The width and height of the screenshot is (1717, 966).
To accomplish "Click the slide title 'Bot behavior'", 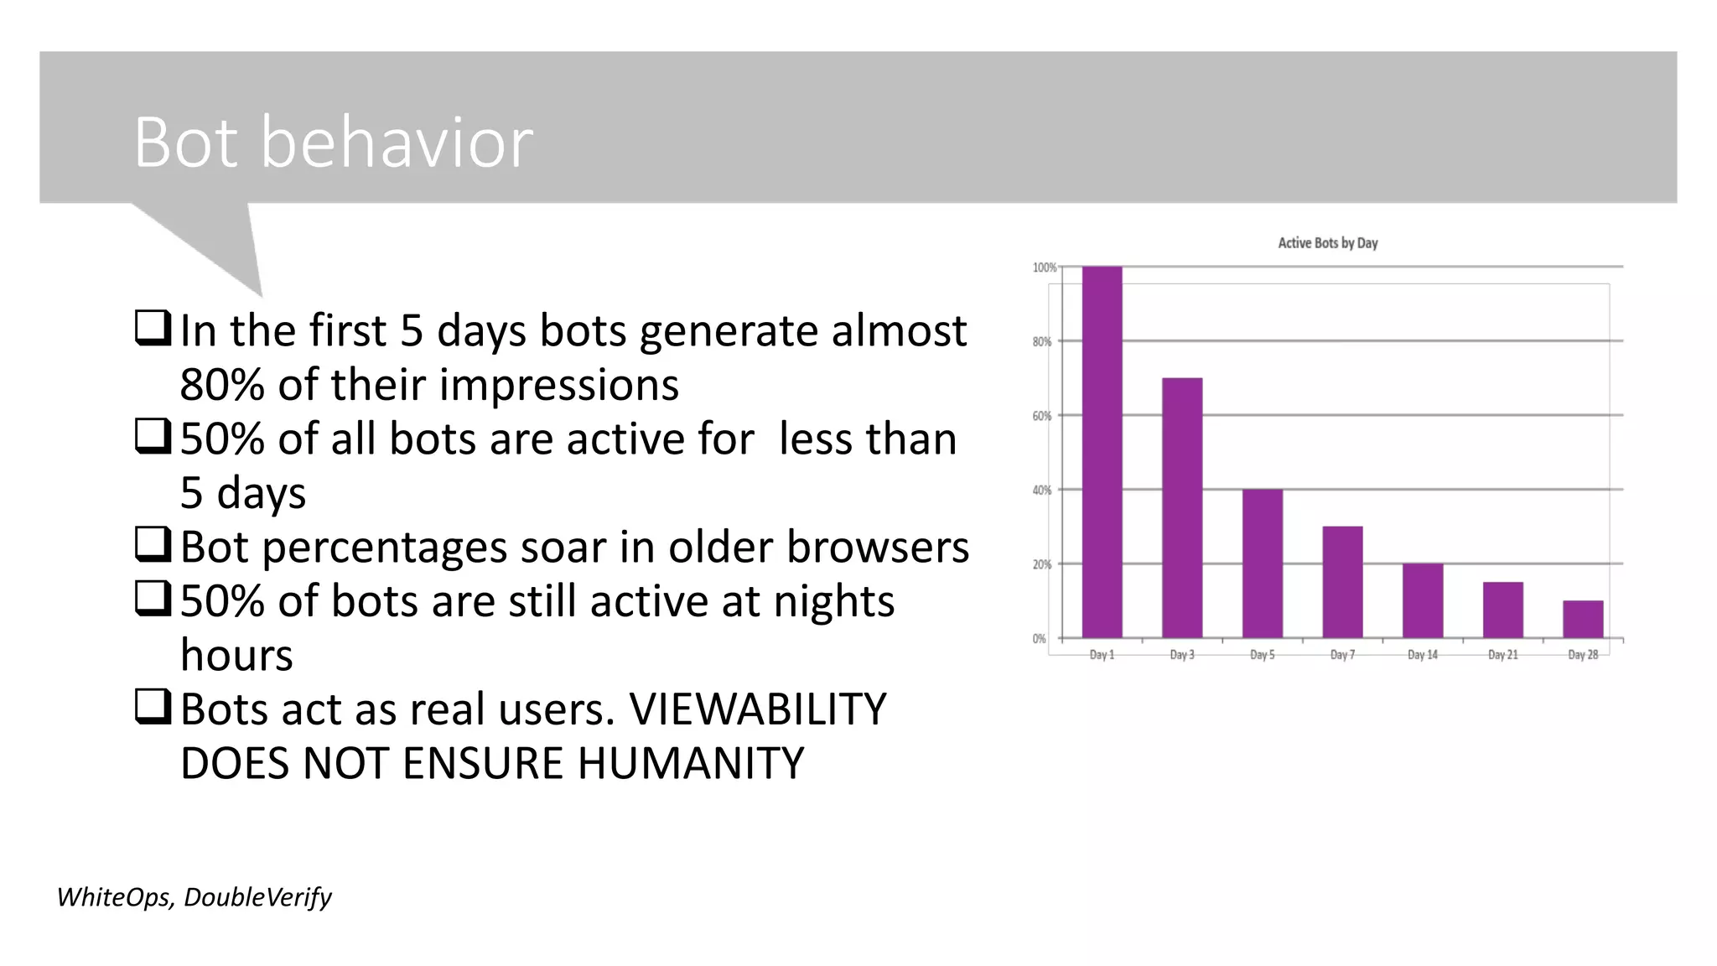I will click(x=333, y=143).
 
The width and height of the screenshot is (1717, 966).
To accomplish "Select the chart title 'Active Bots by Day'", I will click(x=1327, y=243).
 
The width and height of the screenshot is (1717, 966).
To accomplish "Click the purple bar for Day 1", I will click(x=1102, y=453).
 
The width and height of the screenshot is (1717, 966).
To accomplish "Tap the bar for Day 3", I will click(x=1182, y=508).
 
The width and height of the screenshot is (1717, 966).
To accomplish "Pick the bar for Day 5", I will click(x=1262, y=563).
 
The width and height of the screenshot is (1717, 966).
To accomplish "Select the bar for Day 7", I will click(x=1342, y=582).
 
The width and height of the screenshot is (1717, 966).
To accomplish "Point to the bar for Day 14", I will click(x=1423, y=600).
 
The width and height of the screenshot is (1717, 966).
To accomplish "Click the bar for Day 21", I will click(x=1502, y=610).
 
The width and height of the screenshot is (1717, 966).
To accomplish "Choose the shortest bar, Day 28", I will click(x=1583, y=619).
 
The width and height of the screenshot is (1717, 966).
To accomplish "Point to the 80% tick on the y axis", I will click(x=1042, y=342).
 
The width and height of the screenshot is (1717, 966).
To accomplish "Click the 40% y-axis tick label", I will click(x=1042, y=491).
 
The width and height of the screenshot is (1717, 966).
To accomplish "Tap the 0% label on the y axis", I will click(x=1040, y=639).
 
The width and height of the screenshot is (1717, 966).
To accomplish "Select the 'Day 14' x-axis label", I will click(x=1423, y=655).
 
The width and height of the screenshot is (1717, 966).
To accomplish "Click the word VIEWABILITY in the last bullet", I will click(x=757, y=709).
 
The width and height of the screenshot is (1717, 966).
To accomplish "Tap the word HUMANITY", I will click(x=690, y=763).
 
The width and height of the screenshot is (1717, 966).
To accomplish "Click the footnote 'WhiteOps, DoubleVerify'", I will click(x=195, y=897).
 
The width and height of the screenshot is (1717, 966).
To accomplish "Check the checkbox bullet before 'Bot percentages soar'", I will click(x=153, y=546).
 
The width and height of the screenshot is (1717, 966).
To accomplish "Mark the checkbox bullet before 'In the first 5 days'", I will click(x=153, y=330).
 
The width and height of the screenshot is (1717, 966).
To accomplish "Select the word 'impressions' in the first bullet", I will click(x=558, y=385).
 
